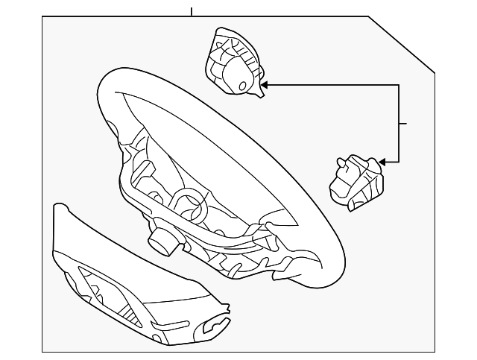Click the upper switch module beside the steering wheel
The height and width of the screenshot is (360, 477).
coord(232,63)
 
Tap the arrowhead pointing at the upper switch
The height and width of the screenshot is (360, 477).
coord(264,85)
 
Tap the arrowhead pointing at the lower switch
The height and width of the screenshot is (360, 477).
coord(383,161)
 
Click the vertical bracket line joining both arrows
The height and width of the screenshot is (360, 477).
coord(399,123)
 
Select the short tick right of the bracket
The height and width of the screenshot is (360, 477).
coord(403,123)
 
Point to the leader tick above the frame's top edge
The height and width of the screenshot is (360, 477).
coord(192,12)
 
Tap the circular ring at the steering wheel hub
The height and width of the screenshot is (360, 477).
coord(190,202)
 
